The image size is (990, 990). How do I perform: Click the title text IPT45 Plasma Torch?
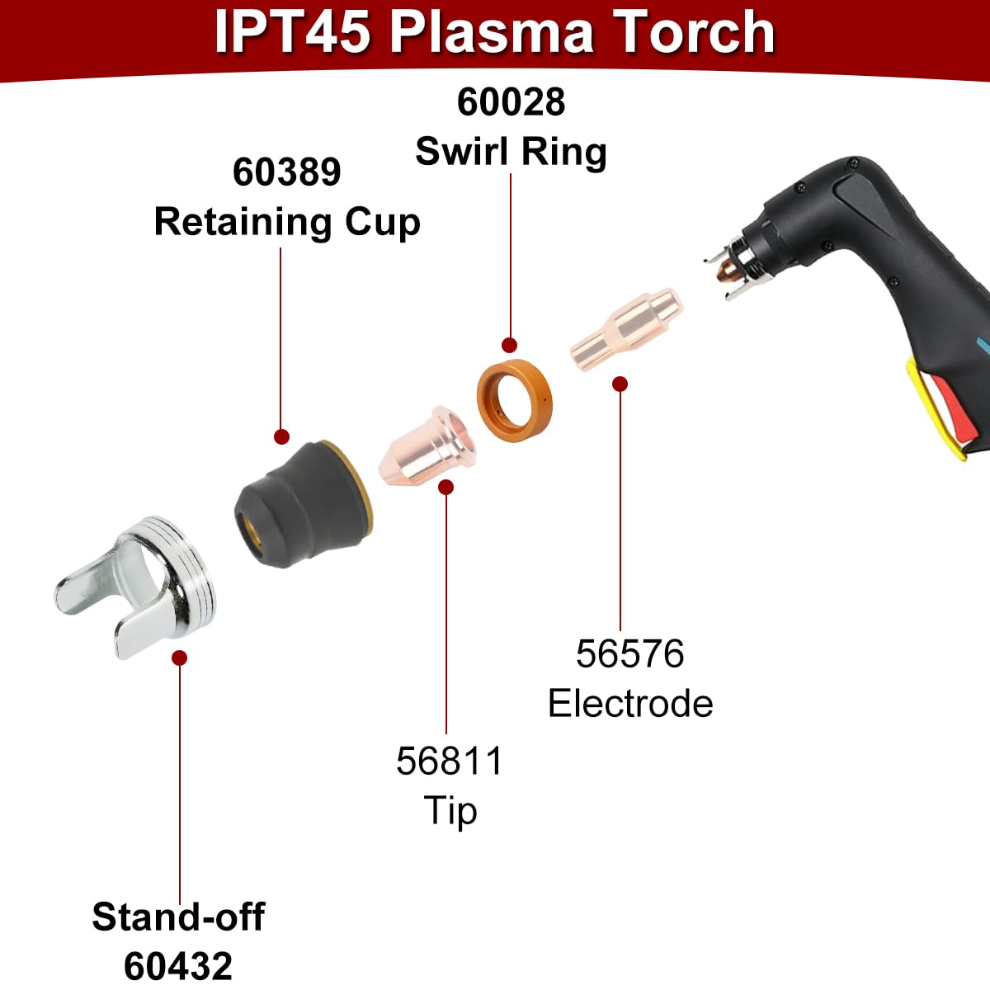(494, 32)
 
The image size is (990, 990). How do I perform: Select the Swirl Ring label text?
(511, 152)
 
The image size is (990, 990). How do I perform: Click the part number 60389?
(286, 172)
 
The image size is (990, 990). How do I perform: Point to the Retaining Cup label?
(287, 223)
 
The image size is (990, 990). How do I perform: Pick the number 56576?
(629, 654)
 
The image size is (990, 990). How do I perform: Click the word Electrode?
(630, 704)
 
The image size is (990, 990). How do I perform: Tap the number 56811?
(450, 761)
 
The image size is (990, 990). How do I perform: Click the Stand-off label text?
(178, 917)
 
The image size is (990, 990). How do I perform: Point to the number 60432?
(178, 966)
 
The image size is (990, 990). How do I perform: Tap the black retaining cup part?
(303, 504)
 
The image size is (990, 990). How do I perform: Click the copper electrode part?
(627, 329)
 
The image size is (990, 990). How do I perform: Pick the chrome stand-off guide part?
(135, 587)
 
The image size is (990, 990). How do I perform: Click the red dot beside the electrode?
(620, 384)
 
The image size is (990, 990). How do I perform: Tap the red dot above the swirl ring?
(510, 345)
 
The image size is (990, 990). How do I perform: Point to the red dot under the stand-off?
(179, 658)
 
